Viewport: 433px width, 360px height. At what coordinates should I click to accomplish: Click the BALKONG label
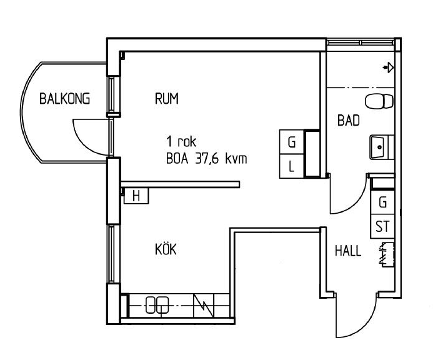(x=64, y=99)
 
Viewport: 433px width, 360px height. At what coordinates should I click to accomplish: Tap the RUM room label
(x=167, y=99)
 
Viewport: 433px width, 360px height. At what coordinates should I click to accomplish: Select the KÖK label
(x=166, y=249)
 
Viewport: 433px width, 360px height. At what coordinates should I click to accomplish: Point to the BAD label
(x=349, y=121)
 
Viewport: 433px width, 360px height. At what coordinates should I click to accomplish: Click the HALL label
(x=348, y=251)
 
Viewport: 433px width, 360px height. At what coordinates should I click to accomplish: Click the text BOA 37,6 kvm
(x=207, y=159)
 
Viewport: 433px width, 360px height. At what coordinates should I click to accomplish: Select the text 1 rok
(x=181, y=141)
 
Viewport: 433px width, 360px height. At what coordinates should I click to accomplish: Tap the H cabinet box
(x=136, y=196)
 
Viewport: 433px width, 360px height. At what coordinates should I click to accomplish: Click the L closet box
(x=292, y=166)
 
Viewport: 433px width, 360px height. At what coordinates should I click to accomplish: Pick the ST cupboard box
(x=382, y=226)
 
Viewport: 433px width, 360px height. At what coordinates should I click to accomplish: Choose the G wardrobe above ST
(x=382, y=202)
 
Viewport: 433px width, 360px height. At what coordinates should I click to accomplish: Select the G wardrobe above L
(x=292, y=142)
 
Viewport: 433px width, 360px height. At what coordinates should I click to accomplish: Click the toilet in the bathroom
(x=379, y=101)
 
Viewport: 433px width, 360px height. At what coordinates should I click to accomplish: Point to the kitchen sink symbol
(x=157, y=305)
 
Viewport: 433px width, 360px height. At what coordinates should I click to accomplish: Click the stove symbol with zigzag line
(x=204, y=305)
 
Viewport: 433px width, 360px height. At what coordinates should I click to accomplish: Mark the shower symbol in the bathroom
(x=388, y=67)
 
